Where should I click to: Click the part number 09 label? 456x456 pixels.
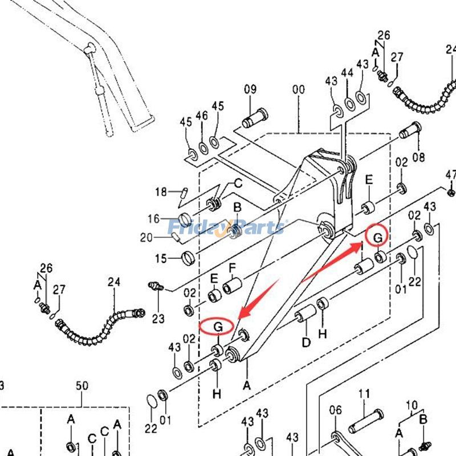251,89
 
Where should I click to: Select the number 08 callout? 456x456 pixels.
419,156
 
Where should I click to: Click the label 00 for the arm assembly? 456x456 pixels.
298,89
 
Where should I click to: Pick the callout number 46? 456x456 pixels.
202,116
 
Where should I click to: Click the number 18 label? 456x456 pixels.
160,192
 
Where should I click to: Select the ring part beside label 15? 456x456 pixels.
188,257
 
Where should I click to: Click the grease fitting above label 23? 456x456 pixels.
154,286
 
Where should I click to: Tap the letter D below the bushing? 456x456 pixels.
306,342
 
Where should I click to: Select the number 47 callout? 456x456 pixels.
451,174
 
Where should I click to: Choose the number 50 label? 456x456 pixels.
82,386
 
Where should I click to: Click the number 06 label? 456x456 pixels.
335,409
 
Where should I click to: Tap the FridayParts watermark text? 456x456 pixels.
227,227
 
